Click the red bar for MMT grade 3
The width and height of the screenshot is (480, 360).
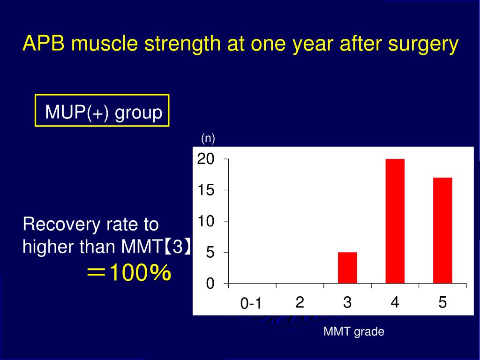(347, 268)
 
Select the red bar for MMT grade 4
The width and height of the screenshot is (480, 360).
(395, 221)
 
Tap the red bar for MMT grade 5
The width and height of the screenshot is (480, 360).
(442, 231)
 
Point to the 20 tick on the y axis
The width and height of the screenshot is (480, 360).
(205, 159)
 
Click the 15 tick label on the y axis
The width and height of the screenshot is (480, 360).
(205, 190)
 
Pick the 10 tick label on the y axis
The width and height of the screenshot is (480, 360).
(205, 221)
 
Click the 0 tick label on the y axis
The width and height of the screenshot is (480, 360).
(210, 284)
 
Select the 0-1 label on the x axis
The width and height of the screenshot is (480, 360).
(251, 304)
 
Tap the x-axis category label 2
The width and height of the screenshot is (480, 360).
(300, 303)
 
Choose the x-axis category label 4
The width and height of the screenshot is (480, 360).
(395, 303)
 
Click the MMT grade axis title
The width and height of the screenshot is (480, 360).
(354, 332)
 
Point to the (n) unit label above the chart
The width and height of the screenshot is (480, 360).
(208, 138)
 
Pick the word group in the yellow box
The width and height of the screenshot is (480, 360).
(139, 113)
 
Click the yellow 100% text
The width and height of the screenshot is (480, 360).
(139, 273)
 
